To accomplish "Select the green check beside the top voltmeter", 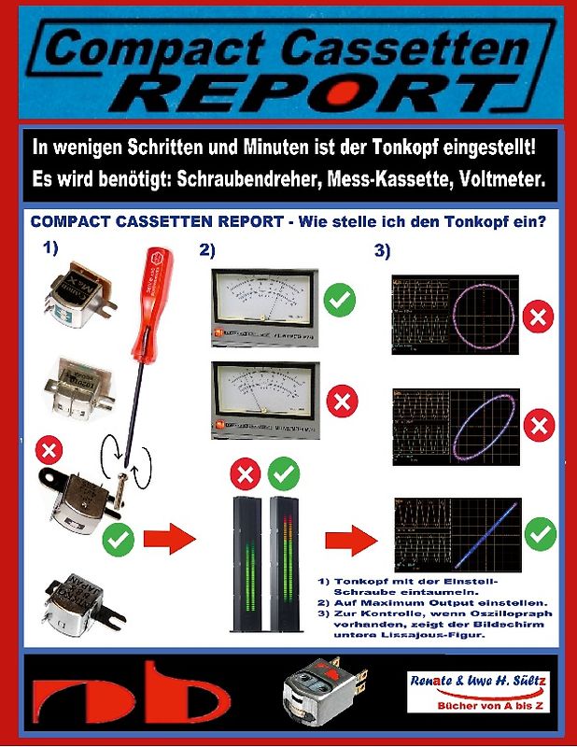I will click(340, 303).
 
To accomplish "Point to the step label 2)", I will click(208, 249).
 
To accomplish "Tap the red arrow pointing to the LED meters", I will click(170, 537).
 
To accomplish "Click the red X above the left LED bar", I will click(245, 475).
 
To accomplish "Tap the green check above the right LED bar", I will click(283, 475).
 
